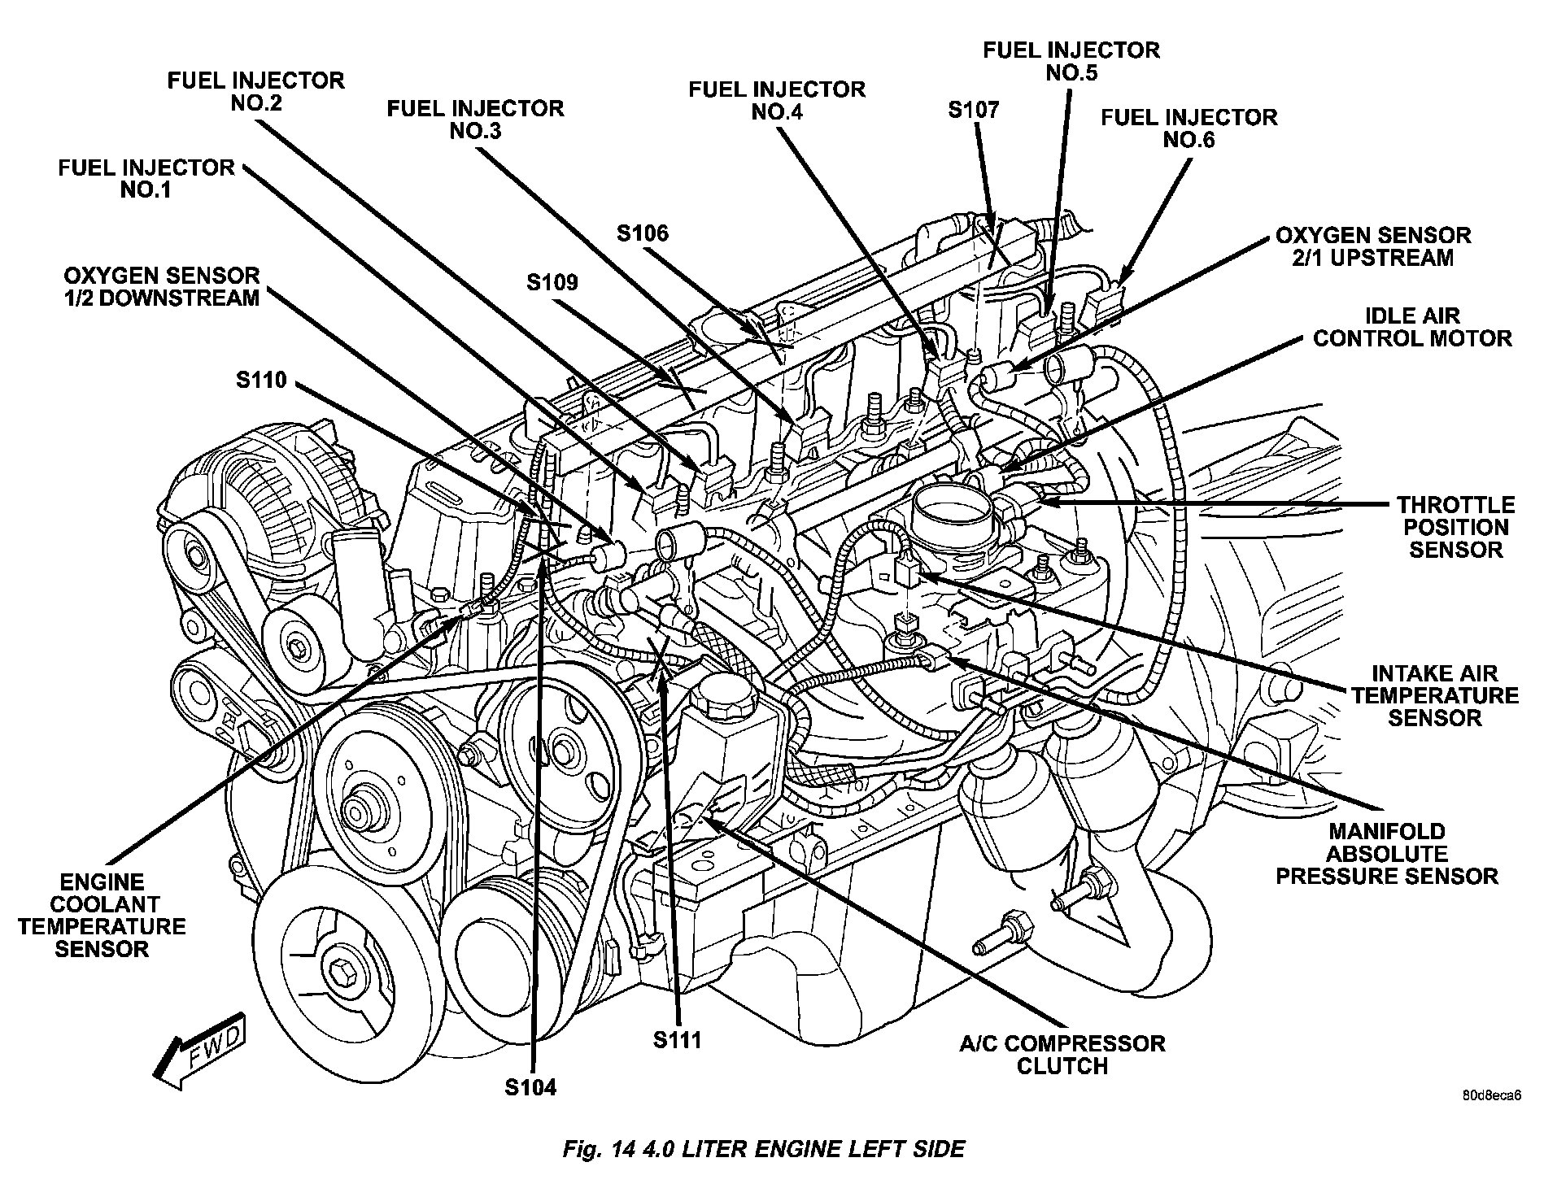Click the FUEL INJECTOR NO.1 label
(x=146, y=179)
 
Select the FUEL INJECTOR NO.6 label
(x=1189, y=128)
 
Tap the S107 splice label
(x=974, y=110)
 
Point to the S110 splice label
(x=262, y=380)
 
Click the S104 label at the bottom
(x=530, y=1087)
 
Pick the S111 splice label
(x=677, y=1039)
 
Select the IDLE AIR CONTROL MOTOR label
(x=1412, y=327)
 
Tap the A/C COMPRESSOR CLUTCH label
(x=1062, y=1055)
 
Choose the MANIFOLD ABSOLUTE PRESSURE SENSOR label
(x=1387, y=854)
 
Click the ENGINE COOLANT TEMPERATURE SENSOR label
(x=102, y=916)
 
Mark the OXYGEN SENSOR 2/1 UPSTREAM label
(x=1373, y=246)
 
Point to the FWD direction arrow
(x=200, y=1050)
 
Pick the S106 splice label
(x=642, y=233)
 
